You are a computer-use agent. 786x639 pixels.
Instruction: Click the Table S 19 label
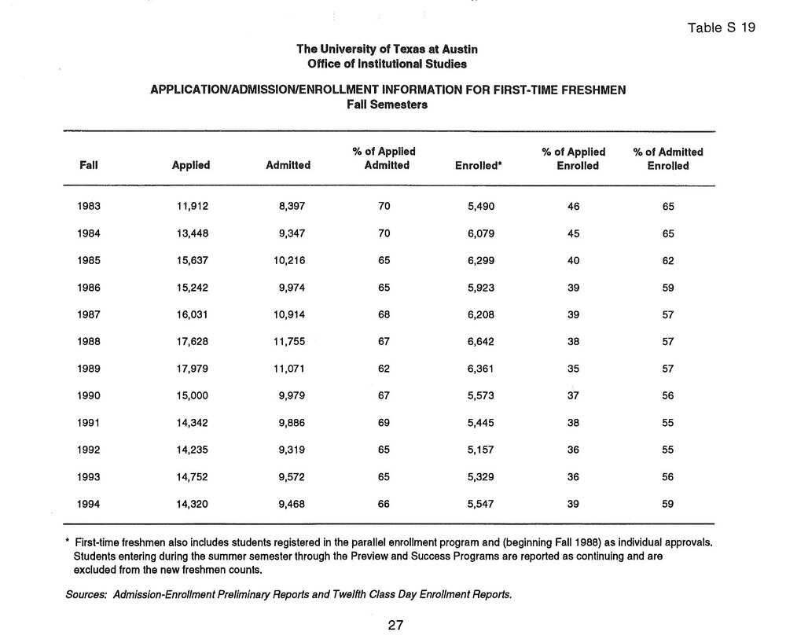721,28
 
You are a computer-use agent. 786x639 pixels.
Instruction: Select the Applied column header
190,166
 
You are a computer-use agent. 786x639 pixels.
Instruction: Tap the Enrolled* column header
479,166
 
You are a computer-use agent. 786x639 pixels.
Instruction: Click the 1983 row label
89,207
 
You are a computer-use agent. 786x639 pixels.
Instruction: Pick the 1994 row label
89,505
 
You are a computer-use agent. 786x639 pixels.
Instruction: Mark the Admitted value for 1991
288,424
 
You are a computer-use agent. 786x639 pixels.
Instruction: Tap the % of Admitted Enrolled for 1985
668,261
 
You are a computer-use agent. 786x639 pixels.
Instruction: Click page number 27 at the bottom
395,626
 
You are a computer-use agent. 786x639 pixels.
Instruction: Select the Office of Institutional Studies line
387,64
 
